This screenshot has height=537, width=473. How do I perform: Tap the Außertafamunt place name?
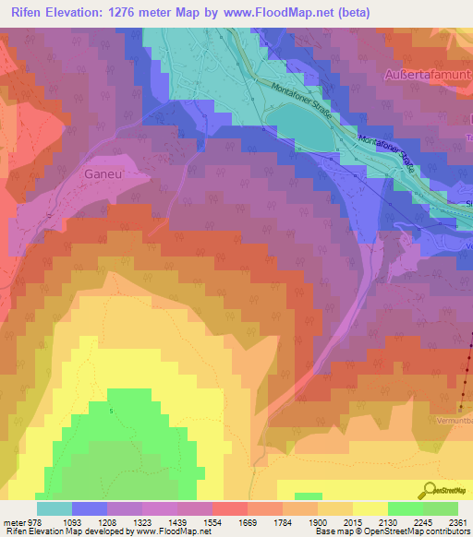(x=428, y=73)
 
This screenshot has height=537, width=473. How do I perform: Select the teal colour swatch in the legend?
(x=55, y=508)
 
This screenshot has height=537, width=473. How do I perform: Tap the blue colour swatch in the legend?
(x=90, y=508)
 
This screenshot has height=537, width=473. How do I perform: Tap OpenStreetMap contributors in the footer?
(x=414, y=531)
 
